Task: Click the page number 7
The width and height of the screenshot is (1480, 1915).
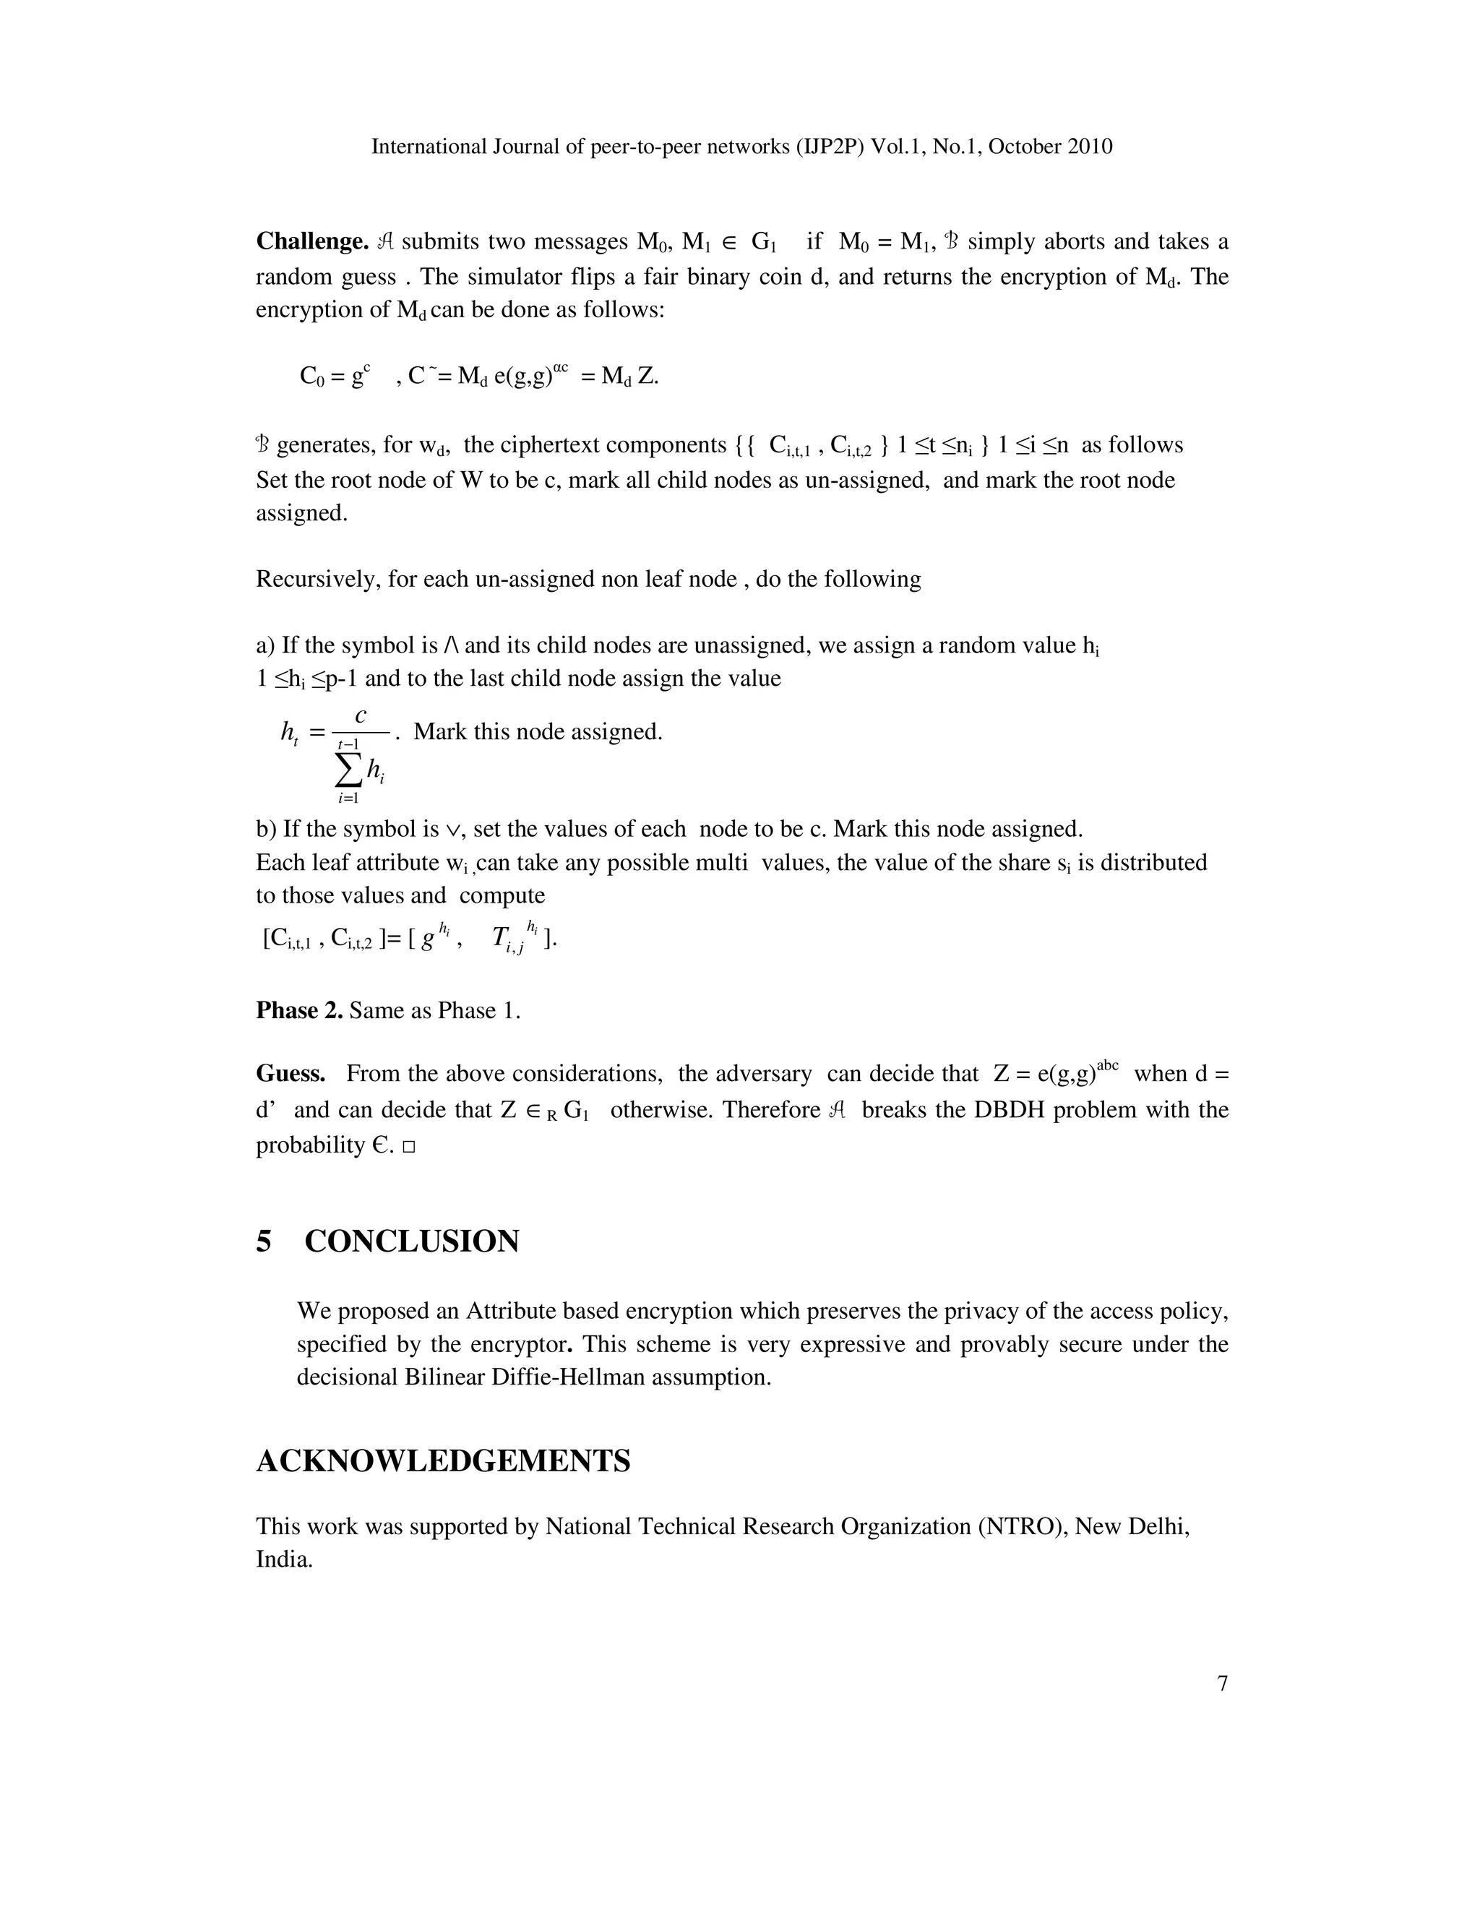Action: pos(1222,1684)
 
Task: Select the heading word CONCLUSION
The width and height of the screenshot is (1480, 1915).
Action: pos(411,1241)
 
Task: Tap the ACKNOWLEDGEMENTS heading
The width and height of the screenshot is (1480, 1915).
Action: pos(443,1460)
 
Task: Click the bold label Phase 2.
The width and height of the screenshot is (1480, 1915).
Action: pos(299,1010)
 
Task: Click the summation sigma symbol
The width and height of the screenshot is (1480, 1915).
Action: pos(348,770)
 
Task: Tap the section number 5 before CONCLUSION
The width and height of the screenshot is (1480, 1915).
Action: pos(264,1241)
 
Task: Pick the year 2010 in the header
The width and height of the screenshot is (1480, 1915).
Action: pos(1090,147)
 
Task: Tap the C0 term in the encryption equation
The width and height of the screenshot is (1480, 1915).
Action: pos(311,377)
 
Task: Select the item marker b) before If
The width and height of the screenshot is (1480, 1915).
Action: pos(266,829)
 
